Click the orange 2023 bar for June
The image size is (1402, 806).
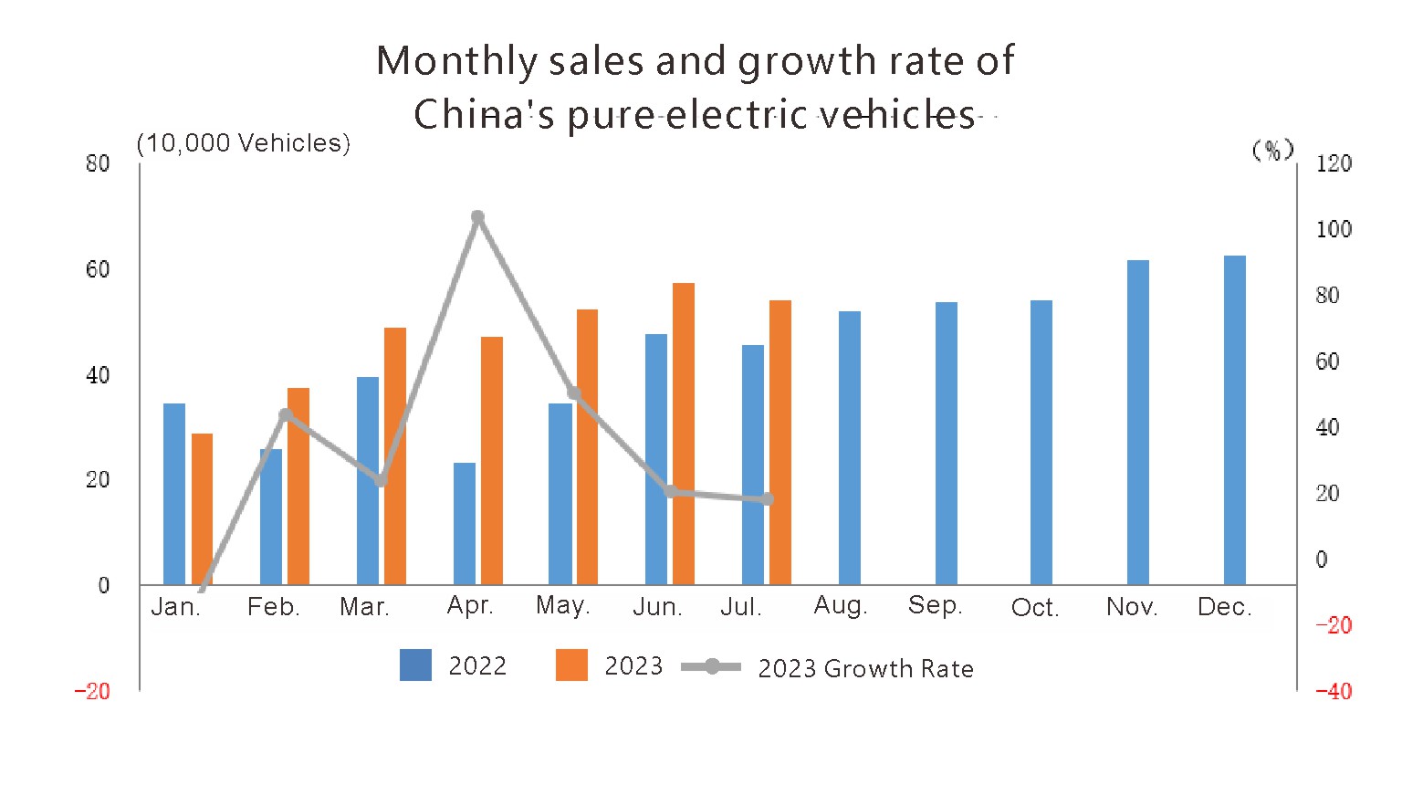pyautogui.click(x=684, y=434)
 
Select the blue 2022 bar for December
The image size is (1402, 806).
pyautogui.click(x=1234, y=420)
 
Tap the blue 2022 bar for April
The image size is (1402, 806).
pyautogui.click(x=465, y=523)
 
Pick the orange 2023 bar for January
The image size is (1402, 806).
pyautogui.click(x=202, y=508)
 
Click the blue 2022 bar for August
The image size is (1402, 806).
pyautogui.click(x=849, y=447)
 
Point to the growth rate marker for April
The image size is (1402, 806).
pyautogui.click(x=477, y=217)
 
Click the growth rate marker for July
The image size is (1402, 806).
pyautogui.click(x=768, y=499)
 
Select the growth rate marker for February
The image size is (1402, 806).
pyautogui.click(x=286, y=415)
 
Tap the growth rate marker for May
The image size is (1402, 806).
pyautogui.click(x=574, y=393)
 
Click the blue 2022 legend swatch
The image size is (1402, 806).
pyautogui.click(x=415, y=665)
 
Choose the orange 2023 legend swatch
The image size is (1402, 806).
pyautogui.click(x=571, y=665)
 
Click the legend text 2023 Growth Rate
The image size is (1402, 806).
pyautogui.click(x=865, y=669)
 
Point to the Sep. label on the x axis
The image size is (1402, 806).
pyautogui.click(x=935, y=605)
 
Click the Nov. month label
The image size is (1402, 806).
pyautogui.click(x=1132, y=607)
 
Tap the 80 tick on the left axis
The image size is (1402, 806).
pyautogui.click(x=98, y=163)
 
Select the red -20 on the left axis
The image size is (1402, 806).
pyautogui.click(x=92, y=691)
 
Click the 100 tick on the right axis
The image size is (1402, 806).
pyautogui.click(x=1333, y=229)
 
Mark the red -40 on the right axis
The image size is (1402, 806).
pyautogui.click(x=1333, y=691)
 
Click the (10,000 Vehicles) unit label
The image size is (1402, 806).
pyautogui.click(x=244, y=143)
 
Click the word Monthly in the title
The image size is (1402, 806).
pyautogui.click(x=457, y=61)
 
